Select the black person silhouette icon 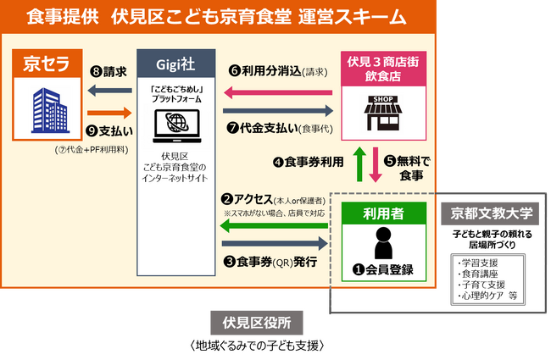pos(382,243)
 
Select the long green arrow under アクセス pos(275,227)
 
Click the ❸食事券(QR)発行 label pos(270,262)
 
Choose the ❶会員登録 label pos(383,270)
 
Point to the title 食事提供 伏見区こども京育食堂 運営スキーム pos(216,16)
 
